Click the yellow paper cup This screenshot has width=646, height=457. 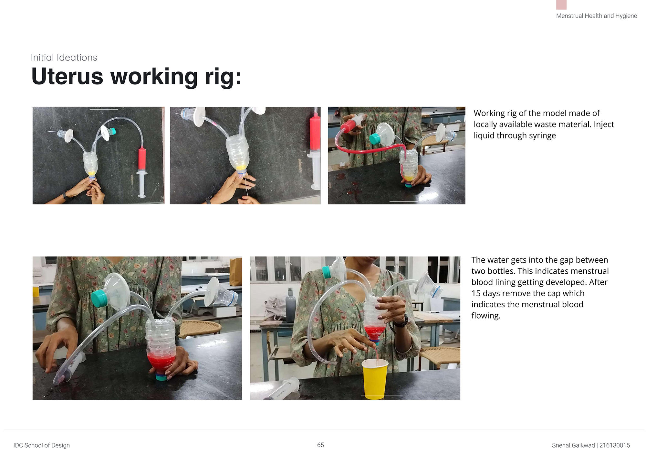pos(375,379)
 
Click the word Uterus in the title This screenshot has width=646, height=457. pos(67,77)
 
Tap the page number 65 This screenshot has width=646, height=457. pos(320,445)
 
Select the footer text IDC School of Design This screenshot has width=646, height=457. pos(42,445)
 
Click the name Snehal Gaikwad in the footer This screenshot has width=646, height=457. pos(573,445)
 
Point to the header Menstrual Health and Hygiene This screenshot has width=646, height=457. pos(597,16)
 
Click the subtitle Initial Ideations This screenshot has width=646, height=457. pos(64,58)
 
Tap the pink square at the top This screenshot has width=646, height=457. pos(561,5)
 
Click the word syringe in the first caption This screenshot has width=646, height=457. pos(542,136)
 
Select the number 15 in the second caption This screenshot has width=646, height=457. pos(476,293)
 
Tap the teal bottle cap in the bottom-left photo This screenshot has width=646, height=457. pos(99,298)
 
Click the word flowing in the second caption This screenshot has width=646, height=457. pos(486,316)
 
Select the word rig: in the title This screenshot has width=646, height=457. pos(223,77)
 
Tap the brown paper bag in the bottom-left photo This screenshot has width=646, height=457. pos(236,271)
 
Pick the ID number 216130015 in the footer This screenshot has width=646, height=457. pos(615,445)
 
